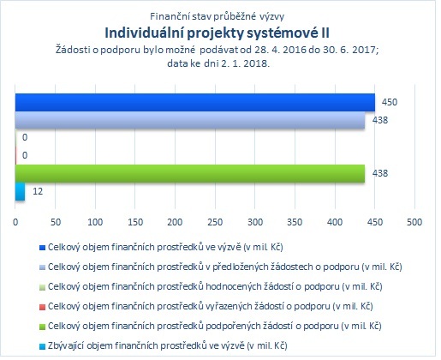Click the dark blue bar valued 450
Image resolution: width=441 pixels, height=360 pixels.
(x=195, y=102)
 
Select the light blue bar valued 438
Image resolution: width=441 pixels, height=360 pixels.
(x=190, y=120)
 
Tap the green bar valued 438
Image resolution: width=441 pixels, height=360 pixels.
(x=190, y=173)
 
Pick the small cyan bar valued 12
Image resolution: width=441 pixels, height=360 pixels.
(x=20, y=191)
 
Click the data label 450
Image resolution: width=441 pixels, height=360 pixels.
(x=390, y=102)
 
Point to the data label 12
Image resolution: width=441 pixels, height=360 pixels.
(x=38, y=191)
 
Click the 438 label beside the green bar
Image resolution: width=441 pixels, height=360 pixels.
(x=380, y=173)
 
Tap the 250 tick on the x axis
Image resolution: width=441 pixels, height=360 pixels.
(x=215, y=222)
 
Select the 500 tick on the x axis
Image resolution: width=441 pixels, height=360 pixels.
(x=414, y=222)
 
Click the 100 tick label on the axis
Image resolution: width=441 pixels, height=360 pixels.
(x=95, y=222)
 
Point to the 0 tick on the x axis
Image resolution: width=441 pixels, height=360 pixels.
(x=15, y=222)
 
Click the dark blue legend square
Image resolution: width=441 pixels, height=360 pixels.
(x=42, y=248)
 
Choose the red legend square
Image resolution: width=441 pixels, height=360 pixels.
(x=42, y=307)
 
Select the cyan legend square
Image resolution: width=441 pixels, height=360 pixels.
(x=42, y=346)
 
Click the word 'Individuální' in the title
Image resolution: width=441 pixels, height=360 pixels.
(x=144, y=33)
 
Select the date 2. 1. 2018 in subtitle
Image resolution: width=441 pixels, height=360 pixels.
(x=245, y=63)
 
